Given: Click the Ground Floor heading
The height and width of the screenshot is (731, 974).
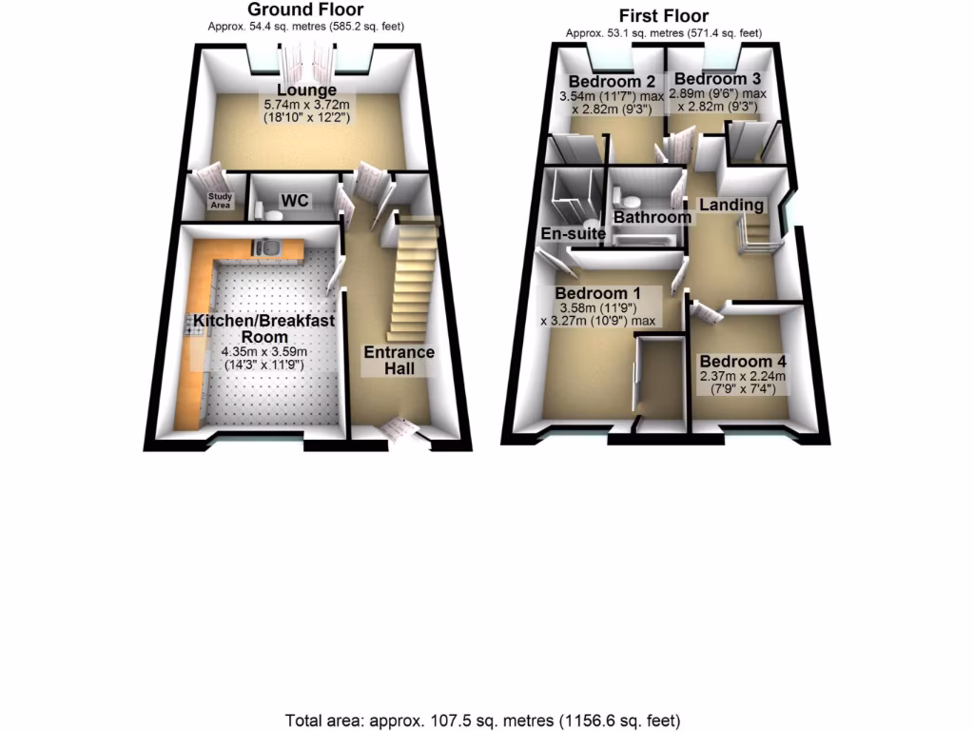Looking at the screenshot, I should (305, 10).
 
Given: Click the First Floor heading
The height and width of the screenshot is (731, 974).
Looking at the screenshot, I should (663, 15).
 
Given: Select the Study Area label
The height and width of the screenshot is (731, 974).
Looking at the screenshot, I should (221, 201).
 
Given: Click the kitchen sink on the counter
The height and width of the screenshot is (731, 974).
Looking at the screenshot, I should (267, 247).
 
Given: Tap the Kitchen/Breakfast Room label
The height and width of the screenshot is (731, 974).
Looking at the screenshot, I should (263, 329).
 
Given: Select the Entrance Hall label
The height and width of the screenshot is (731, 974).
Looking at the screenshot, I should (399, 360).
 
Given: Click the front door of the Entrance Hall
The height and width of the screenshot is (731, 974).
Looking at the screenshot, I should (400, 431).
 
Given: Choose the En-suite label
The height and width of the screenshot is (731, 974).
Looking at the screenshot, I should (575, 233).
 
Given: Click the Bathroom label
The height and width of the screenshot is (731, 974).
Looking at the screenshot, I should (652, 217).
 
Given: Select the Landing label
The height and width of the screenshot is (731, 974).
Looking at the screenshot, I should (731, 205).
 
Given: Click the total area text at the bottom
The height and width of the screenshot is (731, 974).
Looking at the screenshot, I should (483, 720).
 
